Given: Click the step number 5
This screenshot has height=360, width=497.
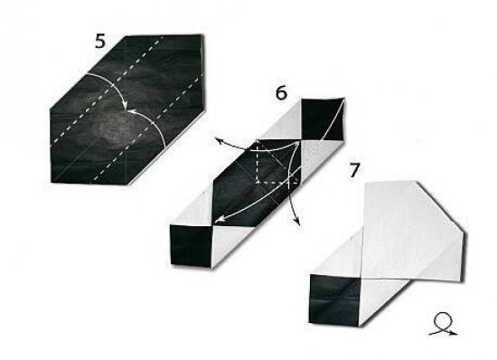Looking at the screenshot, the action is (x=99, y=42).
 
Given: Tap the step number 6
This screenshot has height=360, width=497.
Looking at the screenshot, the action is (x=281, y=93).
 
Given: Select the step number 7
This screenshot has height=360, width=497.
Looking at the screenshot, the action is (x=355, y=170).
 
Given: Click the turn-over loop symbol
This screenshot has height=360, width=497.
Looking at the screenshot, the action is (x=443, y=324).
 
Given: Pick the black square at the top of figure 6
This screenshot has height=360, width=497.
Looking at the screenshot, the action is (x=322, y=120).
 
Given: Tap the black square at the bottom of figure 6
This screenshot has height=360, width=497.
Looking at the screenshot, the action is (x=192, y=245).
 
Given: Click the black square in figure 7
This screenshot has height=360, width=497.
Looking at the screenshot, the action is (x=334, y=299).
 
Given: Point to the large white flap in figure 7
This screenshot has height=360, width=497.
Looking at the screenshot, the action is (x=411, y=232).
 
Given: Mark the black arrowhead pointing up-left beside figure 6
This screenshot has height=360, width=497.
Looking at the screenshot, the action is (x=217, y=139).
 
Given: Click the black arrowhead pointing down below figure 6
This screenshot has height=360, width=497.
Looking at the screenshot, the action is (x=297, y=223).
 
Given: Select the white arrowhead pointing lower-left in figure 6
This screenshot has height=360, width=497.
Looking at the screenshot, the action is (x=220, y=219).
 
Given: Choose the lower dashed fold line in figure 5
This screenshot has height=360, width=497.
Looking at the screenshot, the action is (x=147, y=130).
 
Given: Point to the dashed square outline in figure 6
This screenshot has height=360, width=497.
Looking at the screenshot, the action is (x=278, y=161).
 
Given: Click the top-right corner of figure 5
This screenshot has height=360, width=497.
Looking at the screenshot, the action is (x=202, y=35).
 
